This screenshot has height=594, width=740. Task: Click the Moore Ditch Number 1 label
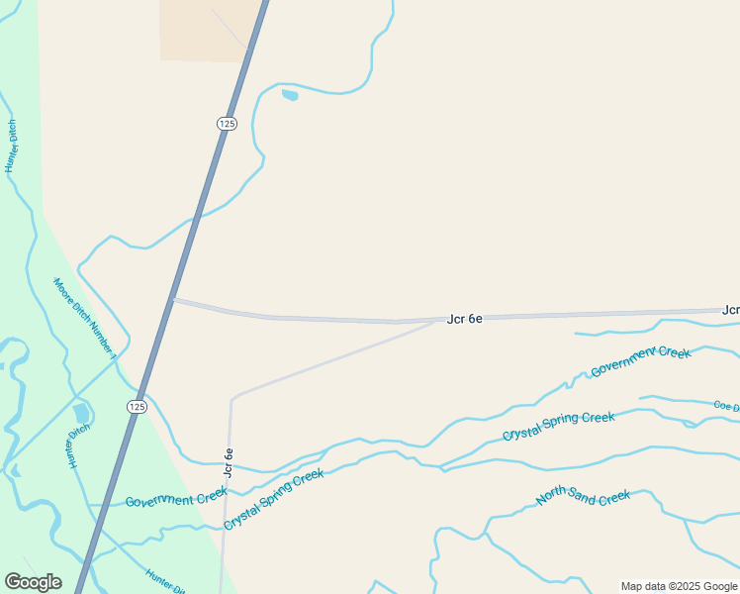click(86, 317)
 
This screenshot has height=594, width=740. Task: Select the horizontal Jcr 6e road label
click(464, 319)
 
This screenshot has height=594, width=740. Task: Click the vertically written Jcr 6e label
click(229, 464)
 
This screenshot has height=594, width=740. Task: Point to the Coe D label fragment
click(726, 405)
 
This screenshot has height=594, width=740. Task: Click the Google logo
click(33, 582)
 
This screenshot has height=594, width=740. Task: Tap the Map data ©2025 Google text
click(680, 586)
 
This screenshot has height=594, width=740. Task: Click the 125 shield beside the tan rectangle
click(228, 123)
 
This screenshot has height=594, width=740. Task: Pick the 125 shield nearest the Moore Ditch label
click(137, 407)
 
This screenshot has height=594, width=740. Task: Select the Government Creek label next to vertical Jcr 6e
click(176, 497)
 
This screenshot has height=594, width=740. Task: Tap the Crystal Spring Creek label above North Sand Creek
click(558, 427)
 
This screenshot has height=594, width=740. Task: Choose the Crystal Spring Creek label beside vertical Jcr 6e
click(274, 499)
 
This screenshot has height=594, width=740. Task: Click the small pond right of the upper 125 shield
click(290, 95)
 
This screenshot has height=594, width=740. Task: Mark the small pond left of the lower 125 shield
click(81, 412)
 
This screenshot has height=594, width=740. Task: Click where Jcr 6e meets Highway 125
click(173, 299)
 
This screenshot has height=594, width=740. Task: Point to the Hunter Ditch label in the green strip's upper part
click(12, 146)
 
